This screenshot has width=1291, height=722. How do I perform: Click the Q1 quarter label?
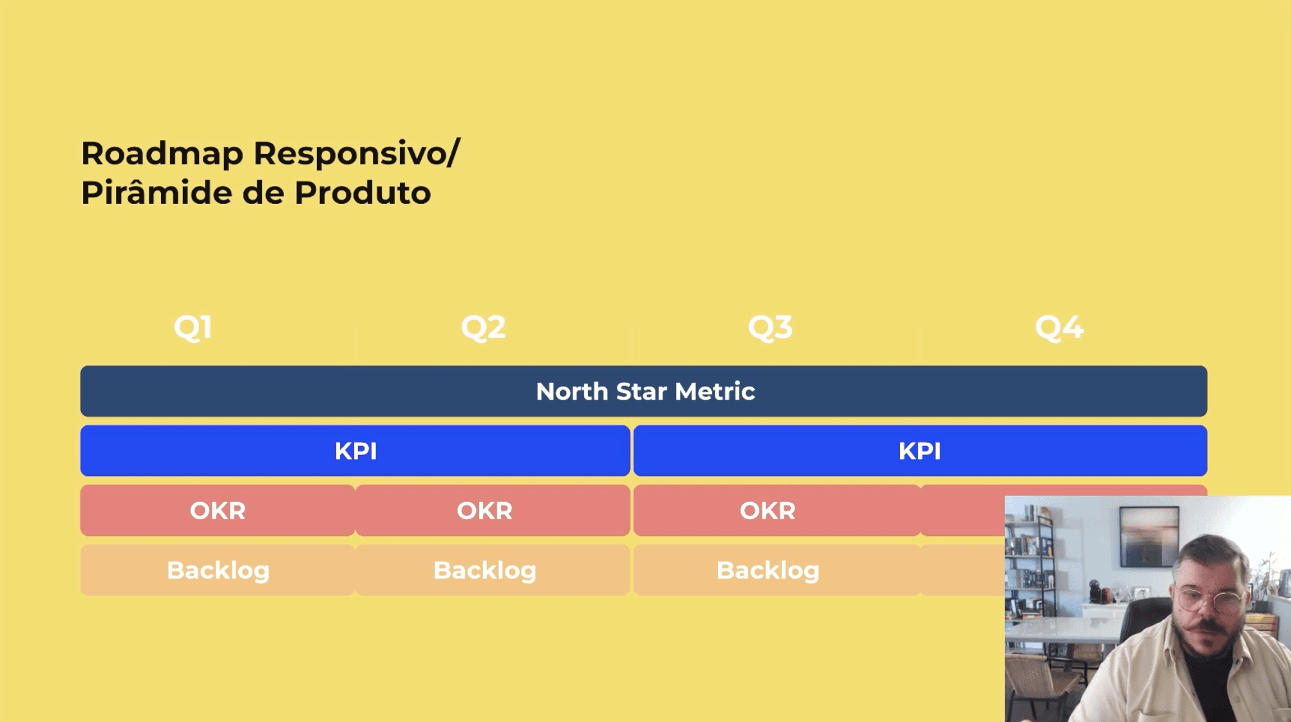click(193, 328)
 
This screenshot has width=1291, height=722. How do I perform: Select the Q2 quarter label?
click(484, 328)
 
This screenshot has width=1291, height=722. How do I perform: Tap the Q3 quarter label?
click(770, 328)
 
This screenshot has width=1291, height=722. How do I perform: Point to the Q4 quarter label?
click(1059, 328)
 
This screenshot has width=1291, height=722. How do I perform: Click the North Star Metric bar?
click(643, 391)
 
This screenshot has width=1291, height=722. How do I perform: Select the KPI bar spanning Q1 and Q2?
click(355, 450)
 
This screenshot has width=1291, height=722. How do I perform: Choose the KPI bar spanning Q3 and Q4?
click(920, 450)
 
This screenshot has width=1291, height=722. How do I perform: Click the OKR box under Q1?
click(218, 510)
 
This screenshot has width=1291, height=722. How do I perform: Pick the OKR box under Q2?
click(493, 510)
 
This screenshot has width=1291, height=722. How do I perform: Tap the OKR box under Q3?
click(777, 510)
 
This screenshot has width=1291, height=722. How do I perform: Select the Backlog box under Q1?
click(218, 570)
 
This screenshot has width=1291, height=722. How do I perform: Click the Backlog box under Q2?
click(493, 570)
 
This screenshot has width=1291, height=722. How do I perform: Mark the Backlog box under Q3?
click(777, 570)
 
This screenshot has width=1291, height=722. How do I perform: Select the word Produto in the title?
click(363, 193)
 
